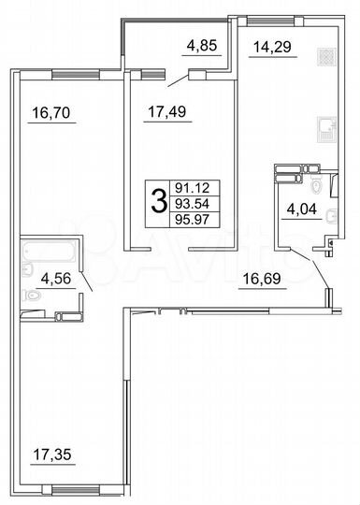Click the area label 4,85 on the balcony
(x=202, y=44)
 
